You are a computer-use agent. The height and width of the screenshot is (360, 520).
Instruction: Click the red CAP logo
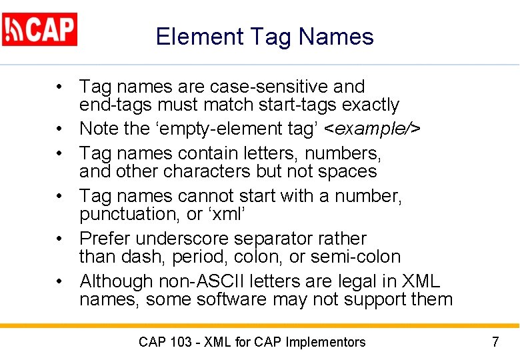click(40, 29)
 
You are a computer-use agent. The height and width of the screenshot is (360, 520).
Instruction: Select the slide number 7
click(495, 343)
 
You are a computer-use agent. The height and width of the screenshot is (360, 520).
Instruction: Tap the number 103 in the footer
click(180, 343)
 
